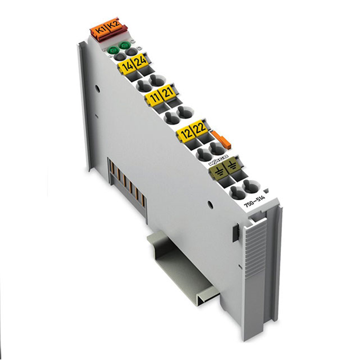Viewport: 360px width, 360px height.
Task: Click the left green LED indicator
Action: [x=113, y=49]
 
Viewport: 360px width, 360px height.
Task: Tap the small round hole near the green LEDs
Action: [x=97, y=88]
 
